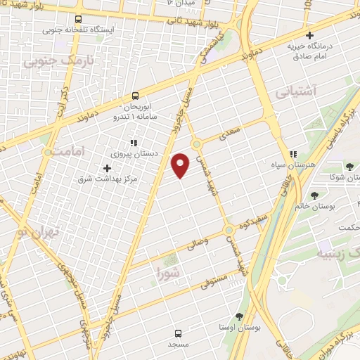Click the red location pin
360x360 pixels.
pyautogui.click(x=181, y=165)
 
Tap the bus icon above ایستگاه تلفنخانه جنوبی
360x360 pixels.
pyautogui.click(x=77, y=19)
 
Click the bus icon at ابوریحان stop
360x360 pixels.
pyautogui.click(x=136, y=96)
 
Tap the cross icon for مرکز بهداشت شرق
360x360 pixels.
pyautogui.click(x=107, y=168)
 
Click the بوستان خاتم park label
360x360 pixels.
pyautogui.click(x=334, y=205)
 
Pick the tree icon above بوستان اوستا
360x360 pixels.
pyautogui.click(x=239, y=316)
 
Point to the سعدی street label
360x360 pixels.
pyautogui.click(x=230, y=132)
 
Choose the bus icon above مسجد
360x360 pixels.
pyautogui.click(x=177, y=333)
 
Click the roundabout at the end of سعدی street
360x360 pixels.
pyautogui.click(x=198, y=143)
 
